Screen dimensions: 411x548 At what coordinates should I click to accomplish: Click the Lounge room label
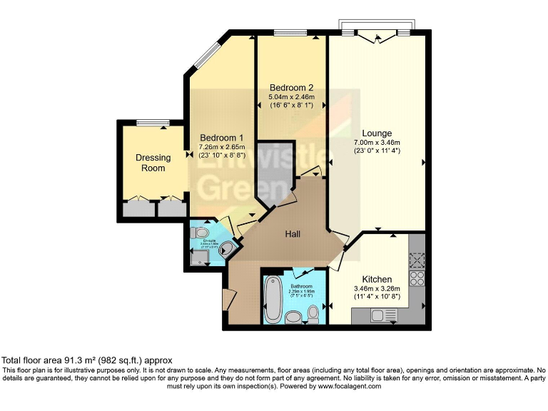click(x=376, y=133)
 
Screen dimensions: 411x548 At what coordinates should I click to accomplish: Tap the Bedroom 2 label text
click(x=290, y=88)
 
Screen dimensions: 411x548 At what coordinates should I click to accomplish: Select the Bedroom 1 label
click(x=222, y=138)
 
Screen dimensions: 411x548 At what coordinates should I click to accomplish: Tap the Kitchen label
click(x=376, y=279)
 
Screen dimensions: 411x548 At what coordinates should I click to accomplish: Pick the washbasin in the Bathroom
click(x=293, y=317)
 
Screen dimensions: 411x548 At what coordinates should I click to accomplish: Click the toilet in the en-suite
click(x=201, y=233)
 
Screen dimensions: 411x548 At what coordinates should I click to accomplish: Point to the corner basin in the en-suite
click(x=227, y=249)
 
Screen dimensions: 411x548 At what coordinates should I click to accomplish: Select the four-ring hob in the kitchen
click(x=417, y=278)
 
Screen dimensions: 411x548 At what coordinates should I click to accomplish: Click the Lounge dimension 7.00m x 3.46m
click(x=376, y=143)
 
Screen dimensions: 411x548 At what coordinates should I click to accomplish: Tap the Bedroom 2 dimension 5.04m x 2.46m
click(x=290, y=98)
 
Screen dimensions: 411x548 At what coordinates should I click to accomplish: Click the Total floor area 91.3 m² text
click(x=87, y=360)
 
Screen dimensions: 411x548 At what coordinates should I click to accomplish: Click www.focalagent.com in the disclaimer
click(x=340, y=386)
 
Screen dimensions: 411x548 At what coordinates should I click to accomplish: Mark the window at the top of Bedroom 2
click(x=290, y=32)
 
